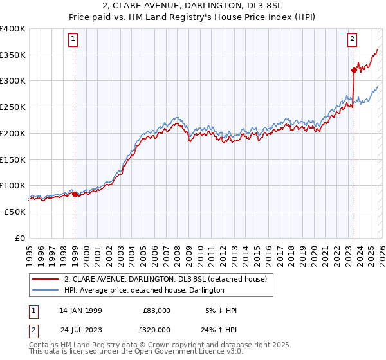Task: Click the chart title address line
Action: (x=192, y=5)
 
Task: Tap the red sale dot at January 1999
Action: (x=75, y=194)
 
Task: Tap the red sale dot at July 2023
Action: (x=354, y=70)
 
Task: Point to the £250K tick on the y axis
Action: (x=13, y=107)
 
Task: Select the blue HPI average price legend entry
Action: (x=143, y=290)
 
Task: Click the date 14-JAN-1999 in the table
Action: (x=80, y=310)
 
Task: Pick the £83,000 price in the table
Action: (x=156, y=310)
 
